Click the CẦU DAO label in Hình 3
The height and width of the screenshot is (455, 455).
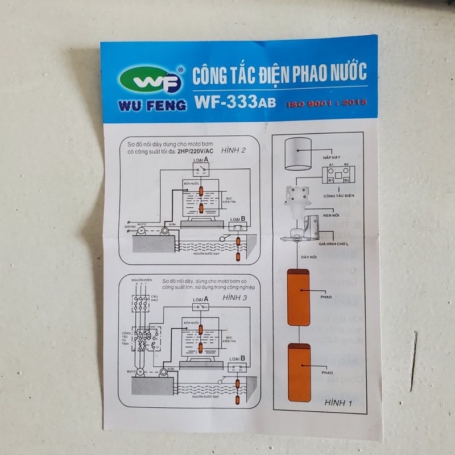[x=155, y=299]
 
